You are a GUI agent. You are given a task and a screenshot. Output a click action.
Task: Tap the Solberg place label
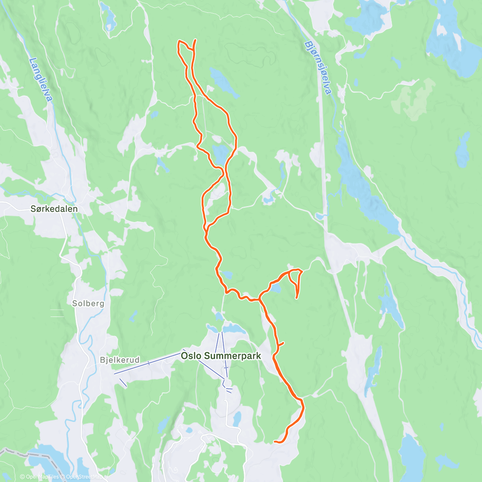[88, 304]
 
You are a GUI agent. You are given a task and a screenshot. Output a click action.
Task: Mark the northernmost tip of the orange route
[196, 40]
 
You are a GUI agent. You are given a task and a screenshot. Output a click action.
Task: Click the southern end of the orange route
[274, 442]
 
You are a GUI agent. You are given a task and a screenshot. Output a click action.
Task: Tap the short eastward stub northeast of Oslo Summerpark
[281, 343]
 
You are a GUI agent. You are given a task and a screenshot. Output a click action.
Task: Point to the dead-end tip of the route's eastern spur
[296, 298]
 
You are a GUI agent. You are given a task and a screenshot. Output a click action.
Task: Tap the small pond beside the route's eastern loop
[276, 288]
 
